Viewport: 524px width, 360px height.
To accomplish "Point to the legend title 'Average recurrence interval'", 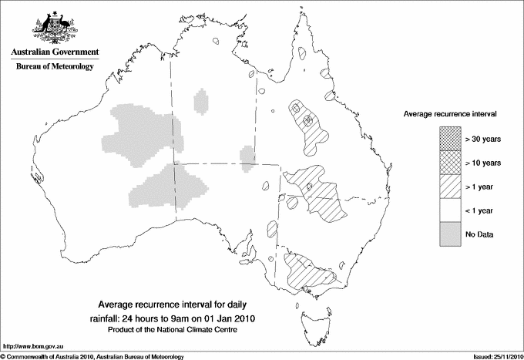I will pyautogui.click(x=450, y=113).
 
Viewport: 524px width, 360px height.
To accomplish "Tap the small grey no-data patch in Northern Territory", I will pyautogui.click(x=202, y=102).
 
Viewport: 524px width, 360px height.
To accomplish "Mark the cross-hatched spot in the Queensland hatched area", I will pyautogui.click(x=307, y=120).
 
